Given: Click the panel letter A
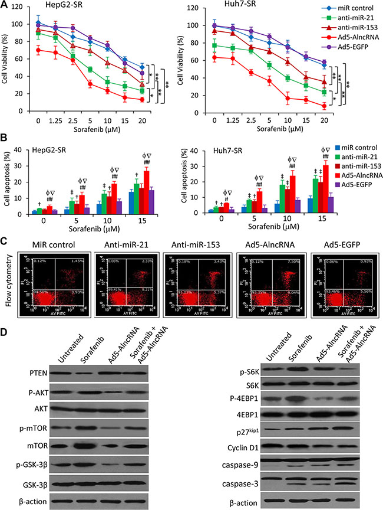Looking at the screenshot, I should pos(5,5).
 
